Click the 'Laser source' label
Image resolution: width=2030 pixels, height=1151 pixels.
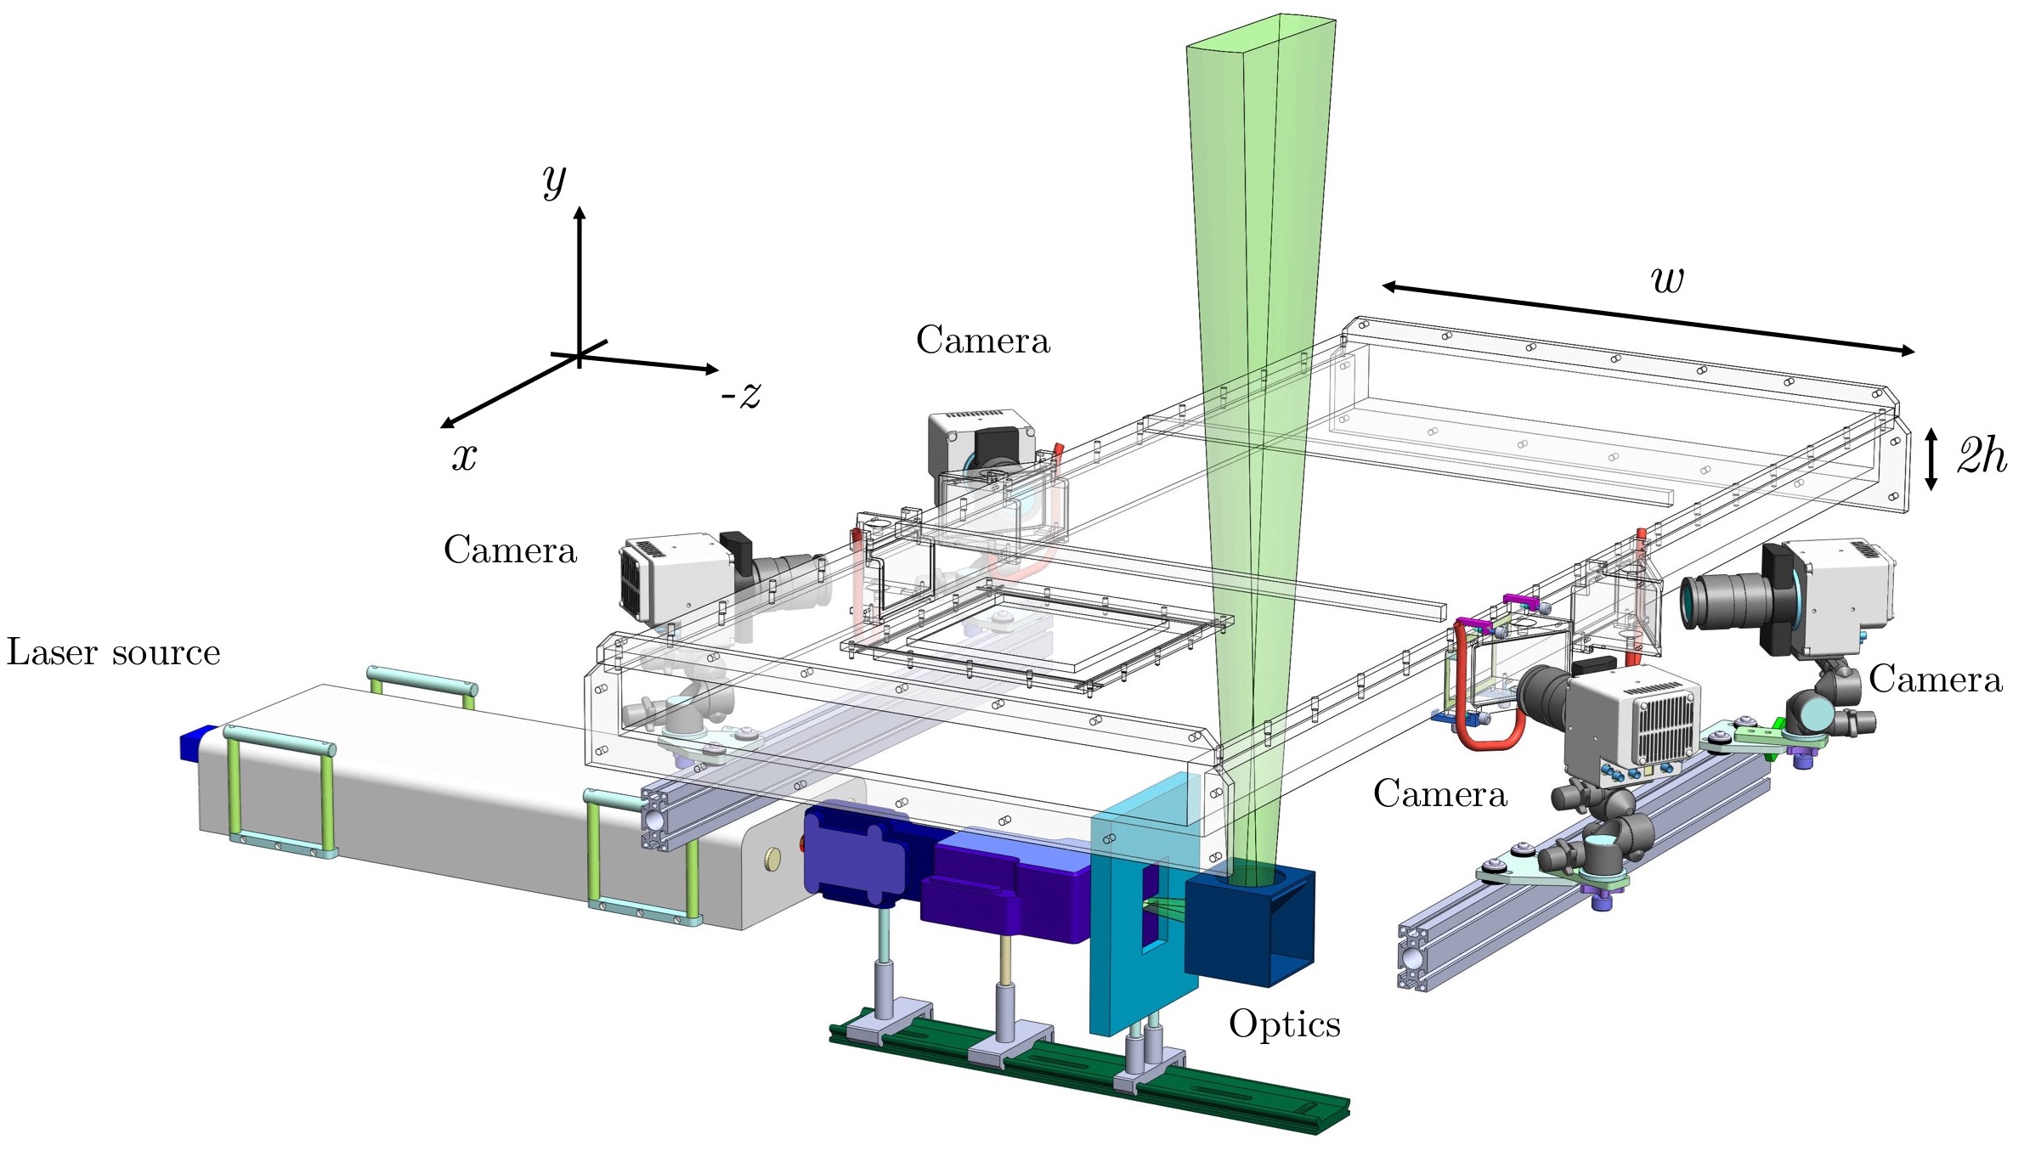113,652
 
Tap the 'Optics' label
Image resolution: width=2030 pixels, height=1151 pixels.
1284,1024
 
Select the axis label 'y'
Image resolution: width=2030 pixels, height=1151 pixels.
554,180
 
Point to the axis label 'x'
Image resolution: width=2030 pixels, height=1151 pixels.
464,457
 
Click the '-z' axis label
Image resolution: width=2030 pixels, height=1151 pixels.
741,394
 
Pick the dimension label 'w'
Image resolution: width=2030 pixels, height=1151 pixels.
1666,279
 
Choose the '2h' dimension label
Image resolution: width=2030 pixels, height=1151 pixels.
1982,457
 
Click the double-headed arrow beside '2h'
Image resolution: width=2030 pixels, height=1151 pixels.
1931,459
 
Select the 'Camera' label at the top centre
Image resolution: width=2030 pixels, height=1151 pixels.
982,341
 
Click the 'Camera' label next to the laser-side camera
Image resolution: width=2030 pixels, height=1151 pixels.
510,550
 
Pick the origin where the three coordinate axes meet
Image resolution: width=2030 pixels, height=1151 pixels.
580,356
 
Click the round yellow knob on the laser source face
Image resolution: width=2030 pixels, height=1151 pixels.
772,859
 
